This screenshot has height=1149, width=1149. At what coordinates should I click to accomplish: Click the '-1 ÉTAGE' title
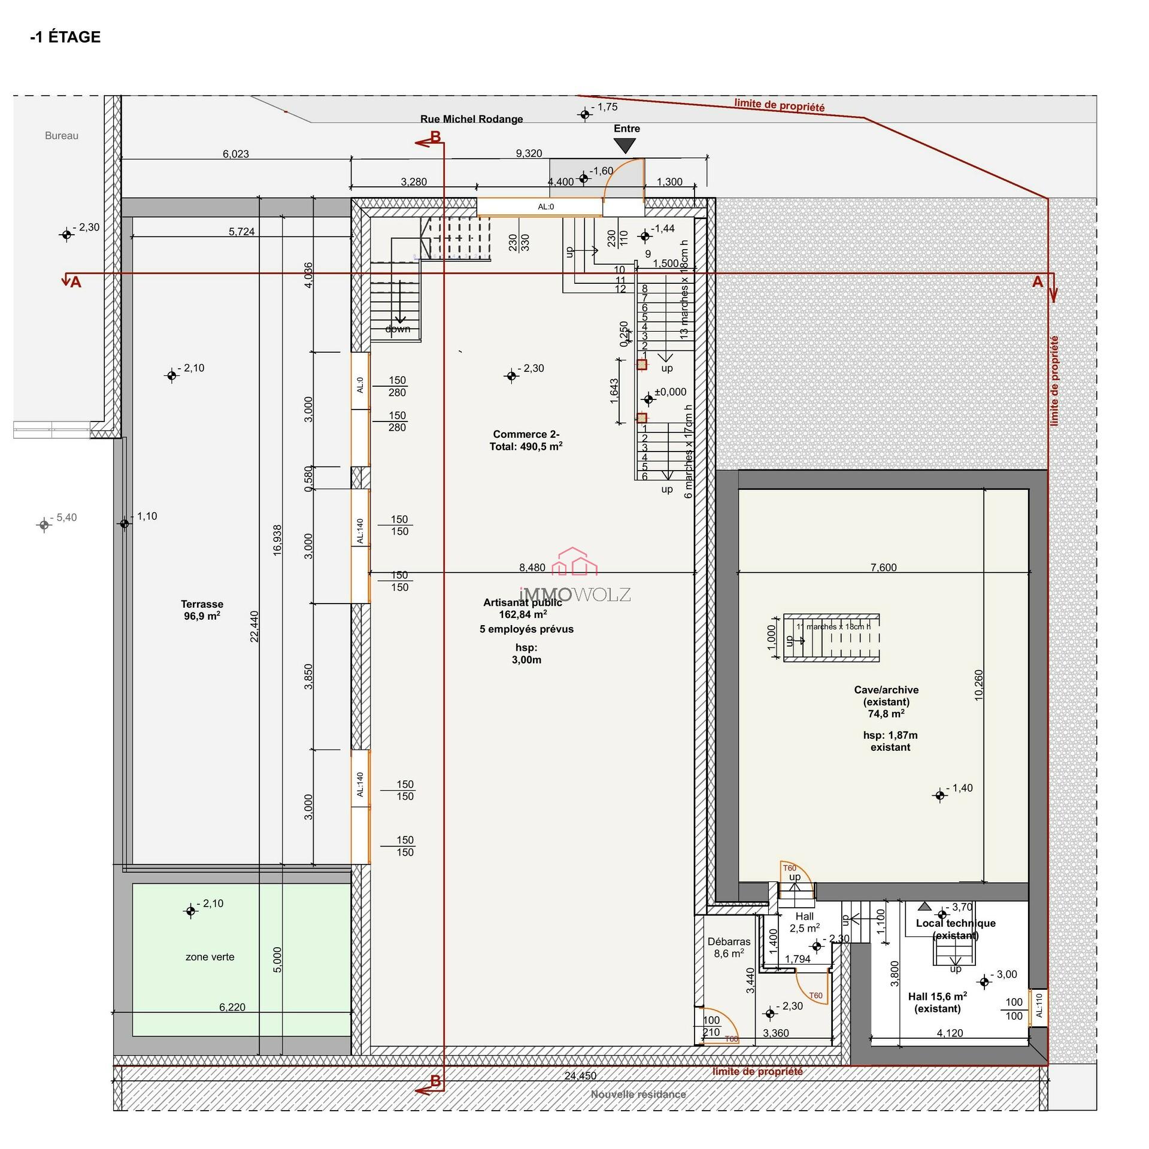[x=65, y=37]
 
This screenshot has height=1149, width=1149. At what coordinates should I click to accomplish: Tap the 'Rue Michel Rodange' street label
[x=471, y=119]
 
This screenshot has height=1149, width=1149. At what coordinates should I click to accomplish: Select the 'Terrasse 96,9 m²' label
[x=202, y=610]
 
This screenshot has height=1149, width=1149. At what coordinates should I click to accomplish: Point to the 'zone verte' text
[x=210, y=957]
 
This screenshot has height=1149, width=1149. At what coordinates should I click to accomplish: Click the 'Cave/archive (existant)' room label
[x=886, y=696]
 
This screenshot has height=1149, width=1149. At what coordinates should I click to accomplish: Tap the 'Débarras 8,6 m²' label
[x=729, y=947]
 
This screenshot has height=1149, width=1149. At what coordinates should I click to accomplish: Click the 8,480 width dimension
[x=532, y=567]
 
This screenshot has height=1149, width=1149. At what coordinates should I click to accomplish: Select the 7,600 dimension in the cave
[x=883, y=567]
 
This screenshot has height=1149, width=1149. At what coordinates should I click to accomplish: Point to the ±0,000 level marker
[x=669, y=392]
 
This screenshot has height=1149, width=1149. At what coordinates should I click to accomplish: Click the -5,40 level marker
[x=44, y=525]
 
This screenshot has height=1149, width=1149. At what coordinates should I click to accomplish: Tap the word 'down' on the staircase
[x=398, y=329]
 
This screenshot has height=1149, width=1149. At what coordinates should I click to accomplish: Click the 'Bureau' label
[x=62, y=136]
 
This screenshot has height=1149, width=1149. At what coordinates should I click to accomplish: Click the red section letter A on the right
[x=1037, y=281]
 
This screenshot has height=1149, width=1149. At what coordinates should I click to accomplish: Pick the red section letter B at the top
[x=435, y=137]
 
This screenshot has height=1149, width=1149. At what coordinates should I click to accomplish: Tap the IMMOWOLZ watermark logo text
[x=575, y=594]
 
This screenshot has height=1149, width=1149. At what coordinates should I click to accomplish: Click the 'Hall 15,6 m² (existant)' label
[x=937, y=1002]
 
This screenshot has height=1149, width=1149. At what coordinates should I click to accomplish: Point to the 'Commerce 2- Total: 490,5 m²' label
[x=526, y=440]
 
